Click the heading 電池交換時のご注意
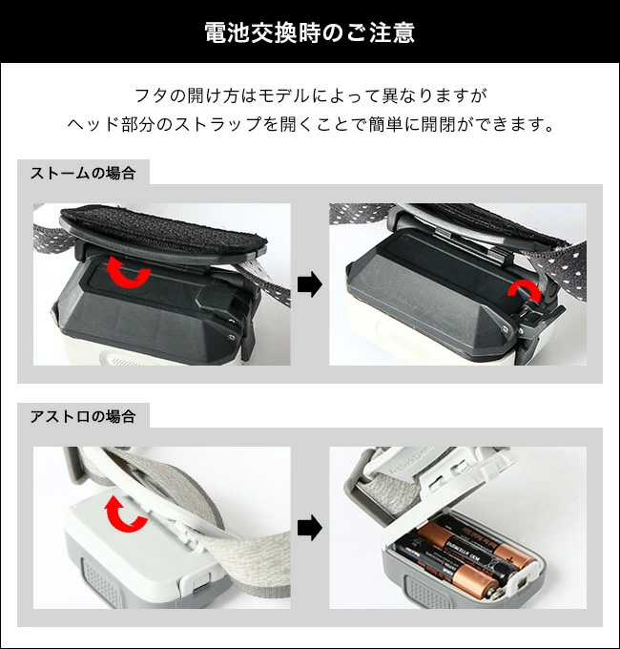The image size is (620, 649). point(309,32)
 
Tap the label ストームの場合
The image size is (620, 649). point(83,173)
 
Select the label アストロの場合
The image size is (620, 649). point(83,416)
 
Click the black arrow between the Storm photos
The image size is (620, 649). point(310,284)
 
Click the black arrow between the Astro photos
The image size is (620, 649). point(310,527)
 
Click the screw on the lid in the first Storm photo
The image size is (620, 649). point(230,337)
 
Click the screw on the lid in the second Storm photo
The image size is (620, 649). point(505,329)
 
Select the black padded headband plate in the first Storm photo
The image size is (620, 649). point(163,234)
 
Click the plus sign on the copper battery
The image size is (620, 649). point(510,560)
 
